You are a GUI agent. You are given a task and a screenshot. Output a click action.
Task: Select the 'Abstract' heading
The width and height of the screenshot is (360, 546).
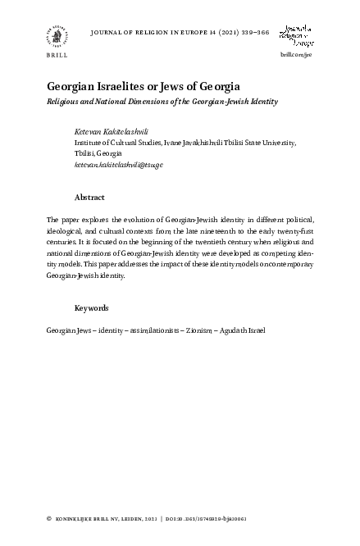(89, 198)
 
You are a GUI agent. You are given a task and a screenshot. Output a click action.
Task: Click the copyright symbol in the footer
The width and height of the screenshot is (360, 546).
(50, 520)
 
